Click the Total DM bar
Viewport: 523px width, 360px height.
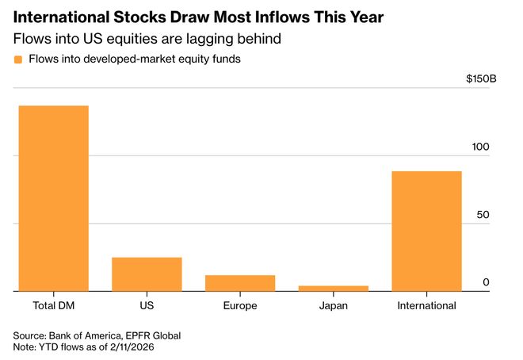54,198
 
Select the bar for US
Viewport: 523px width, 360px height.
147,274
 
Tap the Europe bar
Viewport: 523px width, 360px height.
240,283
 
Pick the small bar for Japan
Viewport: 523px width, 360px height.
333,288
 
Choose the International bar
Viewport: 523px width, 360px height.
426,231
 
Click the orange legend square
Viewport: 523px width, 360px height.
18,59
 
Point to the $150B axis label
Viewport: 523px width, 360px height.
483,80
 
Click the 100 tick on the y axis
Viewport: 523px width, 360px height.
482,147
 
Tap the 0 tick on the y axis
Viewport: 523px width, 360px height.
487,282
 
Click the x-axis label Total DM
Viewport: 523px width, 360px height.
54,305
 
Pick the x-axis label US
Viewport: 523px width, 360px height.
147,305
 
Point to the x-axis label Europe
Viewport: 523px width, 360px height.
240,305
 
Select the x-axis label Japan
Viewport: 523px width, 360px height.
333,305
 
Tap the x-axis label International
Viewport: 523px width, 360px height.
426,305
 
